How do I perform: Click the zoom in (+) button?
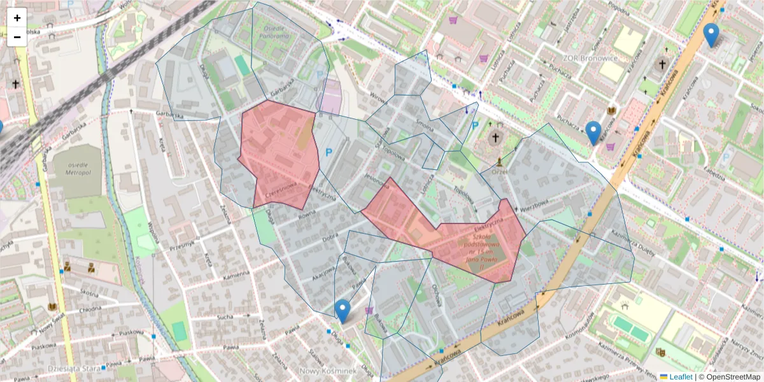tap(17, 18)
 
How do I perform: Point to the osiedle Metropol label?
tap(76, 168)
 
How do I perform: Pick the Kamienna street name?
tap(236, 276)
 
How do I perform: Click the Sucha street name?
tap(225, 316)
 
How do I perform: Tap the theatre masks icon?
tap(660, 351)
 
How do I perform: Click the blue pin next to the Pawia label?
tap(343, 310)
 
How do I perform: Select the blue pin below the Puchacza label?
tap(593, 132)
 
